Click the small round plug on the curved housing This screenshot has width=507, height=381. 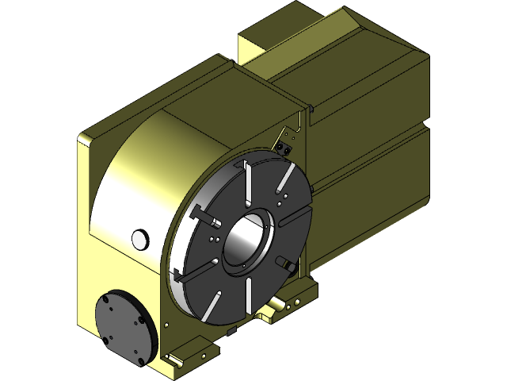(139, 237)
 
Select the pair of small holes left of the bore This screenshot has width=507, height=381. (215, 237)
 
